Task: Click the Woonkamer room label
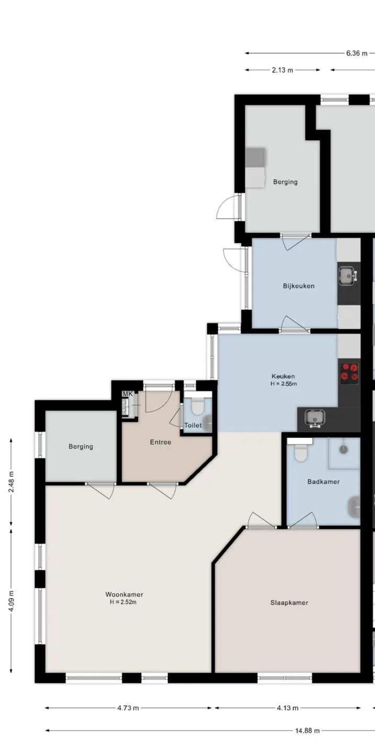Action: pyautogui.click(x=124, y=594)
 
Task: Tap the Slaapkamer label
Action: pyautogui.click(x=289, y=603)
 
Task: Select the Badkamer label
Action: pyautogui.click(x=324, y=481)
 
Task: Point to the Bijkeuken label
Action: pyautogui.click(x=299, y=286)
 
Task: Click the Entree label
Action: pyautogui.click(x=161, y=442)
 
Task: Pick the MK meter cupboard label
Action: pyautogui.click(x=128, y=394)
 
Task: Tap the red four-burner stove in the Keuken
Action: pyautogui.click(x=350, y=373)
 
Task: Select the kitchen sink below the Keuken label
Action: pyautogui.click(x=315, y=419)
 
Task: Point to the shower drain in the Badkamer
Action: pyautogui.click(x=344, y=449)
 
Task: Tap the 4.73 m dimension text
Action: pyautogui.click(x=128, y=708)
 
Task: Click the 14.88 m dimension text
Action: pyautogui.click(x=307, y=731)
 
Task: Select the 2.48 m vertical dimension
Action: pyautogui.click(x=12, y=482)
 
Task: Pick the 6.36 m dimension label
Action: pyautogui.click(x=357, y=53)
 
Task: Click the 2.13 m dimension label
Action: pyautogui.click(x=282, y=70)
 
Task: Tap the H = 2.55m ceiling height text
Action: pyautogui.click(x=283, y=384)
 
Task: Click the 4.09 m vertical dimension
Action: pyautogui.click(x=12, y=601)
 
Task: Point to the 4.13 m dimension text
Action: pyautogui.click(x=288, y=708)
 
